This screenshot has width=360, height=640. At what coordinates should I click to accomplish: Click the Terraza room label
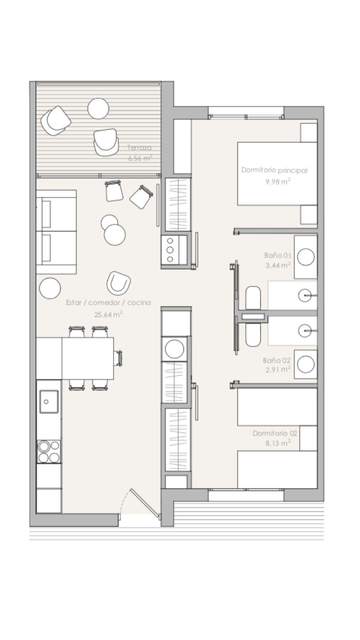click(x=139, y=147)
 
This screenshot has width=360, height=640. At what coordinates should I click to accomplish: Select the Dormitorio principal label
click(x=274, y=170)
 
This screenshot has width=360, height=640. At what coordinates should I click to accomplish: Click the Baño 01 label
click(x=278, y=255)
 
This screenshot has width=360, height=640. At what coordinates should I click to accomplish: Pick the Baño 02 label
click(x=277, y=360)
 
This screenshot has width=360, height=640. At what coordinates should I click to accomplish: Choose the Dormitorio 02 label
click(x=275, y=433)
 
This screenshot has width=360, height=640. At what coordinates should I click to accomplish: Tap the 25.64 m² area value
click(x=109, y=314)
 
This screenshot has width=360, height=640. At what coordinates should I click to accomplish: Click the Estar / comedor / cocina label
click(x=109, y=303)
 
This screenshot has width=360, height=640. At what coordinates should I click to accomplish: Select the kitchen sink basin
click(x=49, y=402)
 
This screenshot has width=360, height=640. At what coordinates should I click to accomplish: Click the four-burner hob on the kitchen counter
click(x=49, y=452)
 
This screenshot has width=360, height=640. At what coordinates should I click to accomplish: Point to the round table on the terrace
click(x=98, y=108)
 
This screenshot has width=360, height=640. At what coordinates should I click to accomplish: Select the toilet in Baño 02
click(x=253, y=334)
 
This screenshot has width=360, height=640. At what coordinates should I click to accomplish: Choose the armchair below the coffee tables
click(x=118, y=283)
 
